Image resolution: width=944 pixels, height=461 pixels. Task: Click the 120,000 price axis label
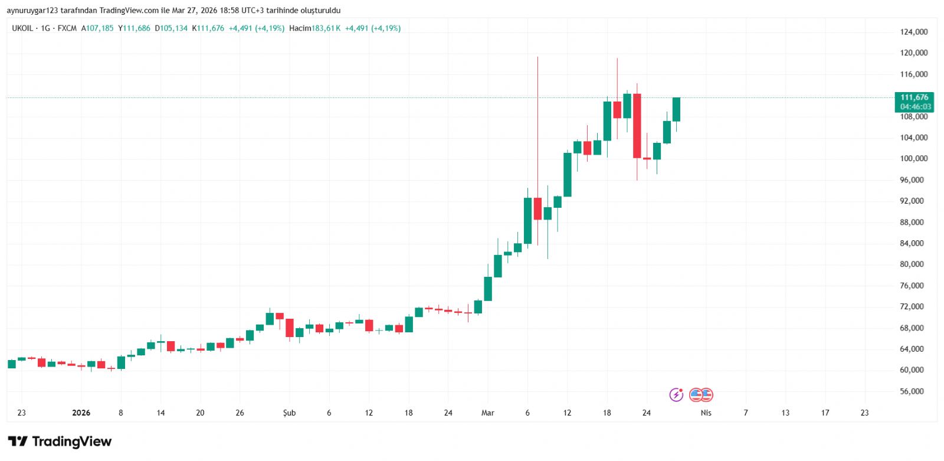click(913, 53)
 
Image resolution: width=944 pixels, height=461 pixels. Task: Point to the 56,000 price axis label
click(912, 391)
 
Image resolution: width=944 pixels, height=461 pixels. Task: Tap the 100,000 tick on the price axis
click(913, 159)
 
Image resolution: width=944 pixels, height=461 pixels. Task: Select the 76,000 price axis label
click(912, 286)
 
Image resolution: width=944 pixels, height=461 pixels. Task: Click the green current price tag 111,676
click(914, 102)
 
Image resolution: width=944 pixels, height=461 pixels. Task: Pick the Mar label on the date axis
click(487, 413)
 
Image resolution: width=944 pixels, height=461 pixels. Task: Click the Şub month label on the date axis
click(289, 413)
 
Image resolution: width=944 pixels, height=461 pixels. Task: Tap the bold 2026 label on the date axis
click(81, 413)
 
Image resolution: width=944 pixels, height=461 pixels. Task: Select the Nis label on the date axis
click(706, 413)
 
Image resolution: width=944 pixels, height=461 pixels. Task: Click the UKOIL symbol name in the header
click(22, 28)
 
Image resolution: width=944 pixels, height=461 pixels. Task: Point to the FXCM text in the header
click(67, 28)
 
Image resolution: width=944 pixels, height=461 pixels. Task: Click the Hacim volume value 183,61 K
click(326, 28)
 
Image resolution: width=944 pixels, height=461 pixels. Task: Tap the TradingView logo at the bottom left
click(60, 442)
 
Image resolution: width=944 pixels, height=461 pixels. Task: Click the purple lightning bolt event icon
click(676, 394)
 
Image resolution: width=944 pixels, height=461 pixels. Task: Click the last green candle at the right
click(676, 109)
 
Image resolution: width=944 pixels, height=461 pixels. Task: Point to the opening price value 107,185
click(100, 28)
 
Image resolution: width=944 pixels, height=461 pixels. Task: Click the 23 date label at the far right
click(864, 413)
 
